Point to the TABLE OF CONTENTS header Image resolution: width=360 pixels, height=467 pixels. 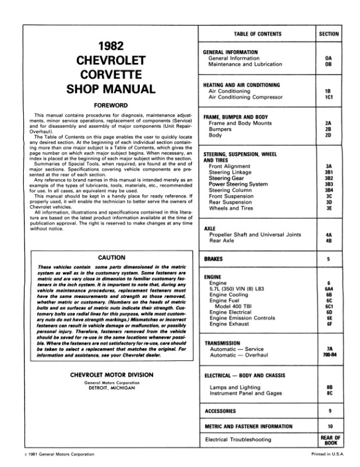tap(257, 34)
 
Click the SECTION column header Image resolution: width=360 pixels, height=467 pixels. tap(329, 34)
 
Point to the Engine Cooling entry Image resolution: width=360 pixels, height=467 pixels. tap(231, 295)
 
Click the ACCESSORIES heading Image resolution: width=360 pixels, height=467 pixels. tap(220, 410)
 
